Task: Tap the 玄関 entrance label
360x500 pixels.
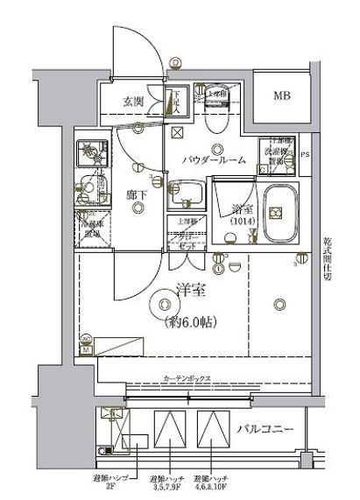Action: click(134, 100)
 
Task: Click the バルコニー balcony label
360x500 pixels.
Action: click(271, 429)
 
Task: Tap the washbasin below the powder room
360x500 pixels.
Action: click(187, 193)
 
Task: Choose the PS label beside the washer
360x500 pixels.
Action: click(304, 158)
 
